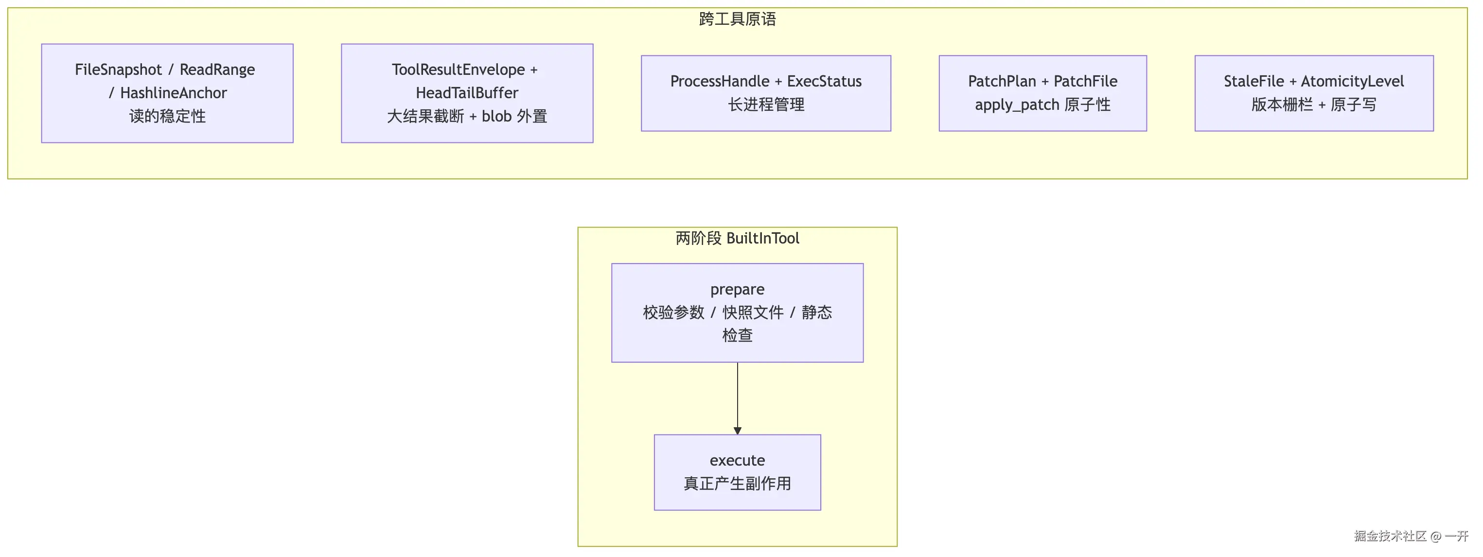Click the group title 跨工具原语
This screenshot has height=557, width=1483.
pos(737,19)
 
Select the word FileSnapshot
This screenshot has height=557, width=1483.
pos(118,70)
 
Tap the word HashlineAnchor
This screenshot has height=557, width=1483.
pos(173,93)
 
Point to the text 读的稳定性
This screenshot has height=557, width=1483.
pos(167,116)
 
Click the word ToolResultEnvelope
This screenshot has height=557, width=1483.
pos(458,70)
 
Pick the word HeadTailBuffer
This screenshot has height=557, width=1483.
pos(467,93)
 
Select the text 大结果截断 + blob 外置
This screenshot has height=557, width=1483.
pos(467,116)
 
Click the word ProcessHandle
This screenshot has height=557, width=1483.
pos(720,81)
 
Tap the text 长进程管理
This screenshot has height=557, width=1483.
pos(766,104)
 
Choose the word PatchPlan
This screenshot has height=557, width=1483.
pos(1002,81)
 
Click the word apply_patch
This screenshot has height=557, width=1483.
pos(1017,104)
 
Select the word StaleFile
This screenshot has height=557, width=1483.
pos(1254,81)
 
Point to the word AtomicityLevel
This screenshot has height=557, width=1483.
pos(1352,81)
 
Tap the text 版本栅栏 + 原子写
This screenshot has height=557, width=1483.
pos(1314,104)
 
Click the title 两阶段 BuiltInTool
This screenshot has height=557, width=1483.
pos(737,238)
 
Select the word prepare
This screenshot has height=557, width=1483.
pos(737,289)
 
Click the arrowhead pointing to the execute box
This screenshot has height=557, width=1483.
pos(738,431)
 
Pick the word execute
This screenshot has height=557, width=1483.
pos(737,460)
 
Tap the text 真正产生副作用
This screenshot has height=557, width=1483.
pos(737,483)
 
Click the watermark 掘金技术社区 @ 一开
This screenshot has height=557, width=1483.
pos(1411,536)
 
